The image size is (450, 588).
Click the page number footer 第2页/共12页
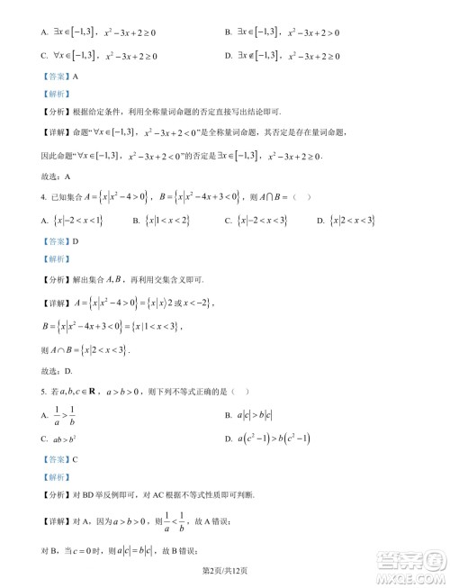tap(224, 571)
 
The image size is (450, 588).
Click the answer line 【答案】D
tap(57, 240)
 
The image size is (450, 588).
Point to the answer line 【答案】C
tap(57, 458)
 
